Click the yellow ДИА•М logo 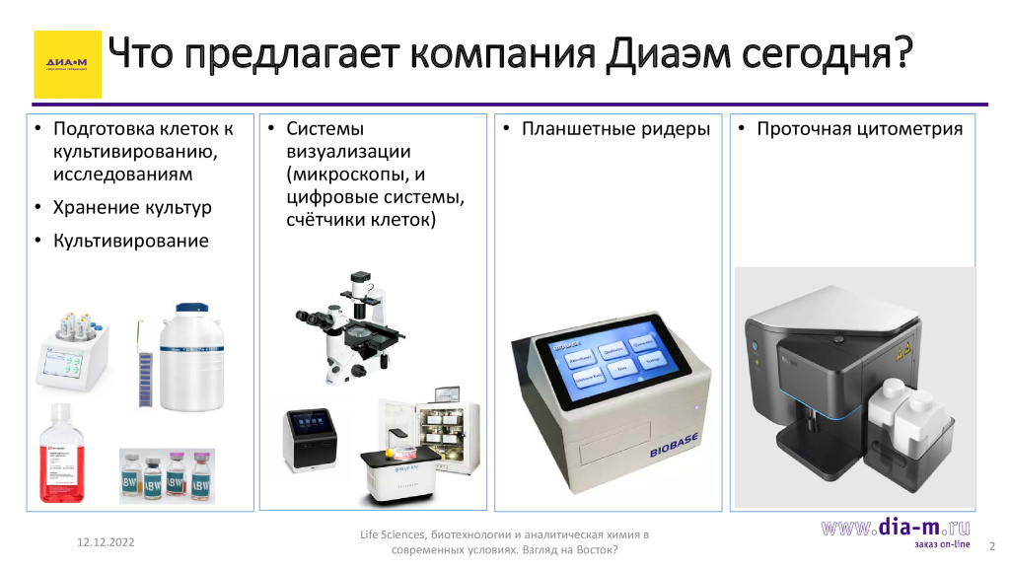(x=67, y=64)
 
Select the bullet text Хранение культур (x=132, y=208)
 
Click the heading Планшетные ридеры (x=615, y=129)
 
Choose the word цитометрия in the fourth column (x=903, y=129)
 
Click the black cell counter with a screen (x=313, y=438)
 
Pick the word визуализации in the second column (x=348, y=153)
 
